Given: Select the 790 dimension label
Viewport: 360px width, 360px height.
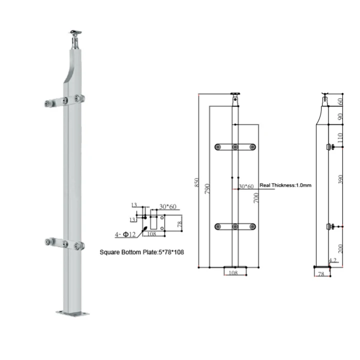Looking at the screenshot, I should tap(206, 187).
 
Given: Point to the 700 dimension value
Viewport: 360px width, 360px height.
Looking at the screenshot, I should tap(256, 198).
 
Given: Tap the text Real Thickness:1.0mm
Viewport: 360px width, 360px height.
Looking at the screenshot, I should tap(285, 185).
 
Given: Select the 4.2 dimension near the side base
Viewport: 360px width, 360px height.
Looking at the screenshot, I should tap(332, 260).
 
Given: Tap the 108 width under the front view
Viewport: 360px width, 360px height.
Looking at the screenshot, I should tap(232, 273).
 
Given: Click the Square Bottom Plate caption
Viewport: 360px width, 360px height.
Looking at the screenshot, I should tap(141, 252).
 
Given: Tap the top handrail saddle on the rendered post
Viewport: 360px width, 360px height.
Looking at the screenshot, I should tap(75, 33).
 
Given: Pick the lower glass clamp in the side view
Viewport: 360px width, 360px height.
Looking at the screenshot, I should tap(330, 227).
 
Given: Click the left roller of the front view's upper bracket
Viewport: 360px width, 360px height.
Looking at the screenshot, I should tap(217, 147).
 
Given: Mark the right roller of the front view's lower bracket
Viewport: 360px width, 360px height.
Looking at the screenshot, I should tap(252, 227).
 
